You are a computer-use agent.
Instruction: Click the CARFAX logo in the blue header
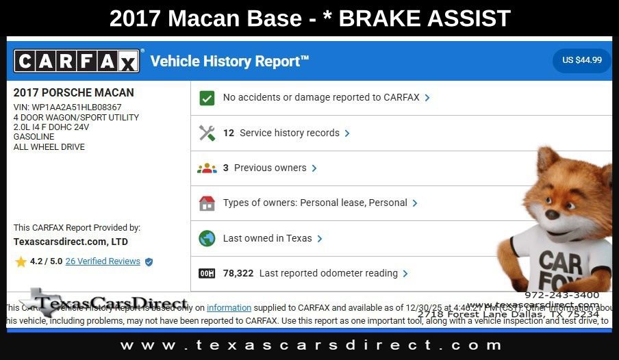pos(77,62)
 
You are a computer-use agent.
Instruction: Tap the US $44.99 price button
pos(581,60)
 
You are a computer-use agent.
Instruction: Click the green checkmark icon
pos(207,98)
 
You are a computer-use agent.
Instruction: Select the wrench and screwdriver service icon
pos(207,133)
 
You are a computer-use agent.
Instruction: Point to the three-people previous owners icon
pos(207,168)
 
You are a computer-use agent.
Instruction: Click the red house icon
pos(207,203)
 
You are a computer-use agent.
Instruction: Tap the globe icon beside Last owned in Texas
pos(207,239)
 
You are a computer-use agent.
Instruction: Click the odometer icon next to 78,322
pos(207,274)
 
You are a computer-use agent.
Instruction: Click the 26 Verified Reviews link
pos(103,261)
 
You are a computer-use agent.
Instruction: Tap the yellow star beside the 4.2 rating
pos(21,261)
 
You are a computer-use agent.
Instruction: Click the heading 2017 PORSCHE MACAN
pos(74,92)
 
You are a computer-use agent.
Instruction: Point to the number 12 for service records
pos(229,133)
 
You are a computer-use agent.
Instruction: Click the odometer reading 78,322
pos(238,273)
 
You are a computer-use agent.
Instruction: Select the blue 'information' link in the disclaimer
pos(229,308)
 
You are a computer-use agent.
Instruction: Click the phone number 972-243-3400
pos(561,295)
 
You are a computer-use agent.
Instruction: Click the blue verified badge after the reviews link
pos(149,261)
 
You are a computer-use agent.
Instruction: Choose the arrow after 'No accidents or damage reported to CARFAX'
pos(427,98)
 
